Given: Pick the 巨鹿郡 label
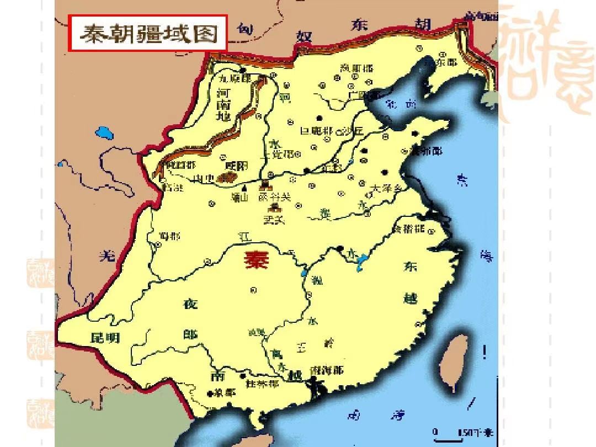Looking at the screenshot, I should (x=316, y=131).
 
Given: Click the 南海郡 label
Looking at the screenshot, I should (x=327, y=370).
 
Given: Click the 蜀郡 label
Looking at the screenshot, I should (x=168, y=236).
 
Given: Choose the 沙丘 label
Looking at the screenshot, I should (x=353, y=131).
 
